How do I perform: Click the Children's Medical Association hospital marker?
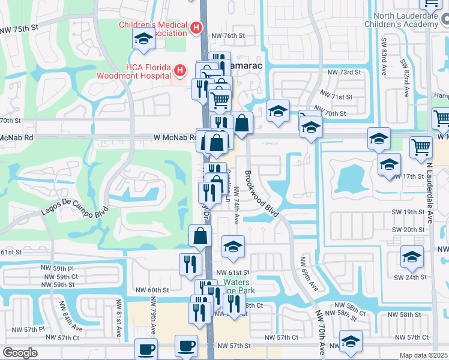196,28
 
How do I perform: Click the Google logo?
20,352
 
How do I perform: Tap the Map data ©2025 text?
424,355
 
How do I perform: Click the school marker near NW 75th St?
143,40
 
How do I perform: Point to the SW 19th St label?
409,212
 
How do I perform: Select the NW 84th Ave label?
62,316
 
